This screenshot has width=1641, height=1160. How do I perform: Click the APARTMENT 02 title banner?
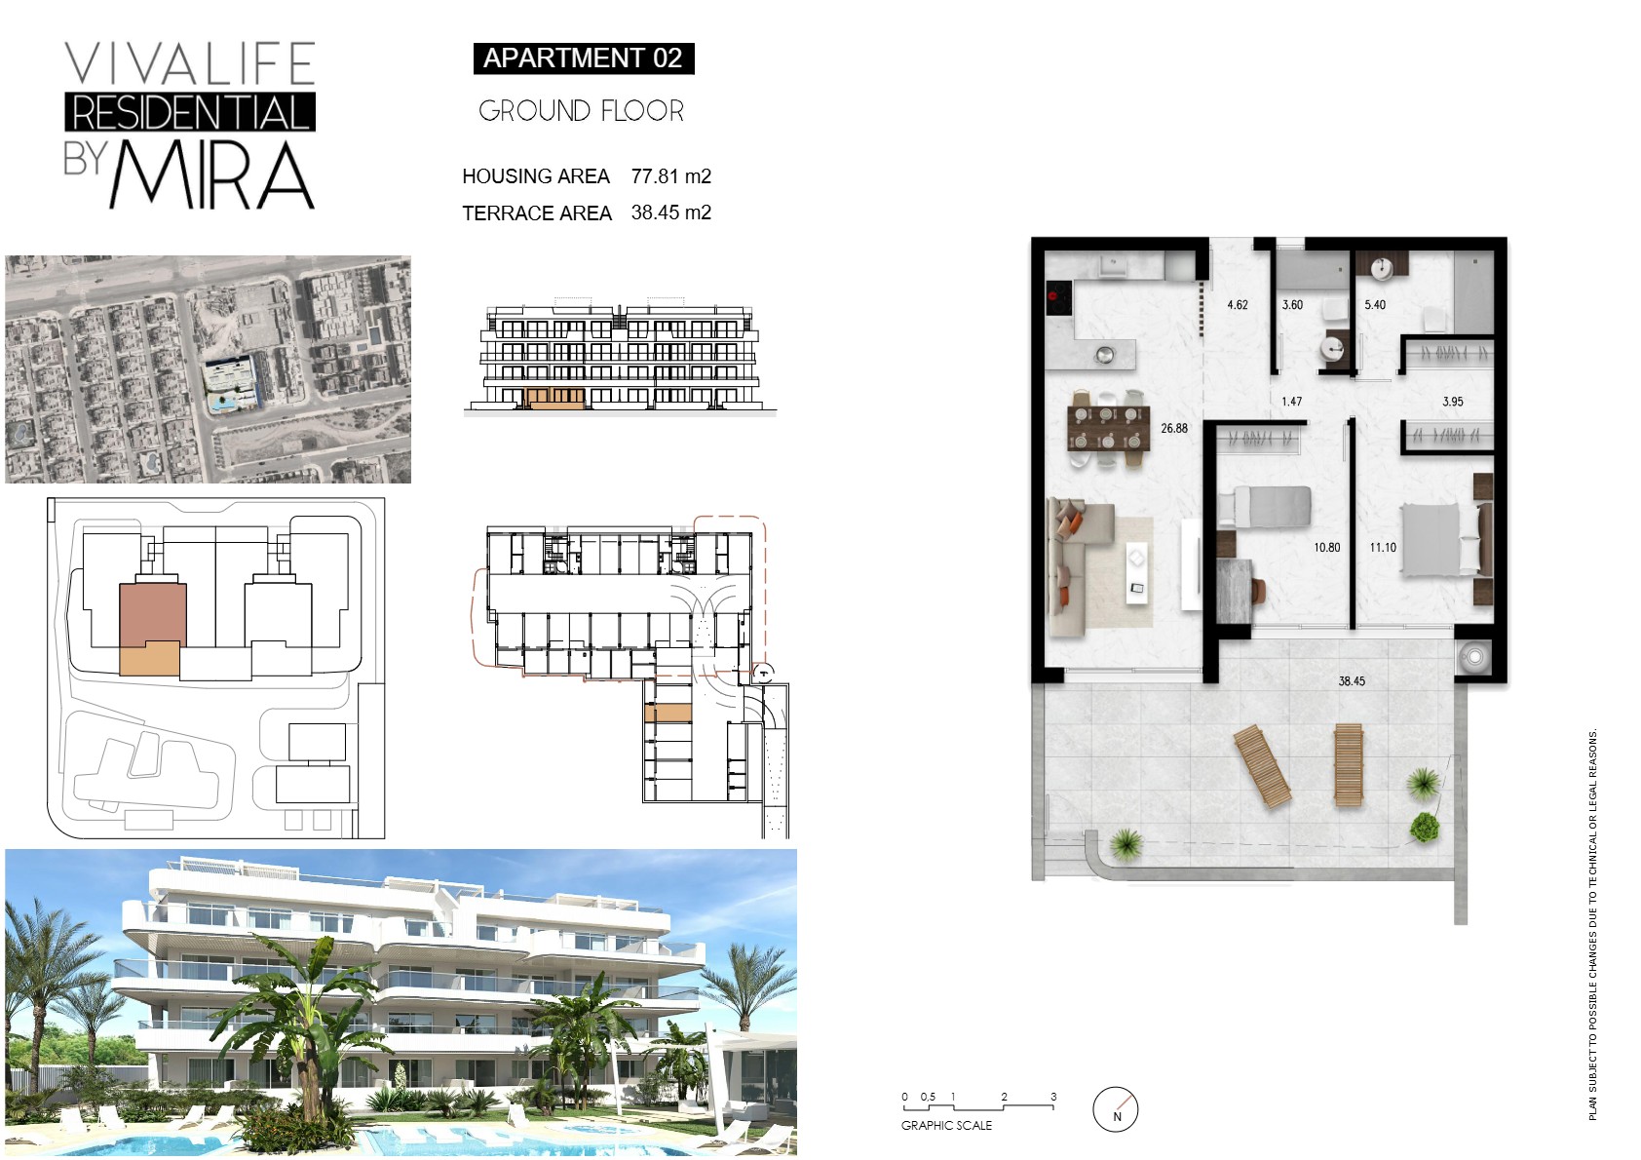[583, 58]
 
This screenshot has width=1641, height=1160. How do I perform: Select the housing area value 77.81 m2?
[671, 176]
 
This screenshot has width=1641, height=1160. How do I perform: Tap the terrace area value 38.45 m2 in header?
[671, 213]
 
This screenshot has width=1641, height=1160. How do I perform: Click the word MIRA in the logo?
[212, 175]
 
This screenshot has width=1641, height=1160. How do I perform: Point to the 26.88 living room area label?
[1173, 428]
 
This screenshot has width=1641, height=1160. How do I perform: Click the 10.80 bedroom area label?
[1326, 548]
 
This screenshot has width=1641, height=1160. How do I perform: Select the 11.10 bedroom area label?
[1383, 548]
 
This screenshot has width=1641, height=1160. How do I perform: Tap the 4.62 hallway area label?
[1238, 305]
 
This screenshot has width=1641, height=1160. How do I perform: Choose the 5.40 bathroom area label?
[1375, 305]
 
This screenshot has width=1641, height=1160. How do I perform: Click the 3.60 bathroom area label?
[1292, 305]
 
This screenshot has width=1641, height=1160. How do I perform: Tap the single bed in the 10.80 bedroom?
[1265, 506]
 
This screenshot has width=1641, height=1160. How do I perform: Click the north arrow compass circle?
[1115, 1109]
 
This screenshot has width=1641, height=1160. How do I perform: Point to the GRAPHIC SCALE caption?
[946, 1126]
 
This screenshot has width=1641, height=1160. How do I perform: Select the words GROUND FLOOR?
[581, 111]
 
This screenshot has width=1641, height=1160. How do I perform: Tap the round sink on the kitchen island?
[1105, 356]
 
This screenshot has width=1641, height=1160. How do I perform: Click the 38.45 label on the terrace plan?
[1352, 681]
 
